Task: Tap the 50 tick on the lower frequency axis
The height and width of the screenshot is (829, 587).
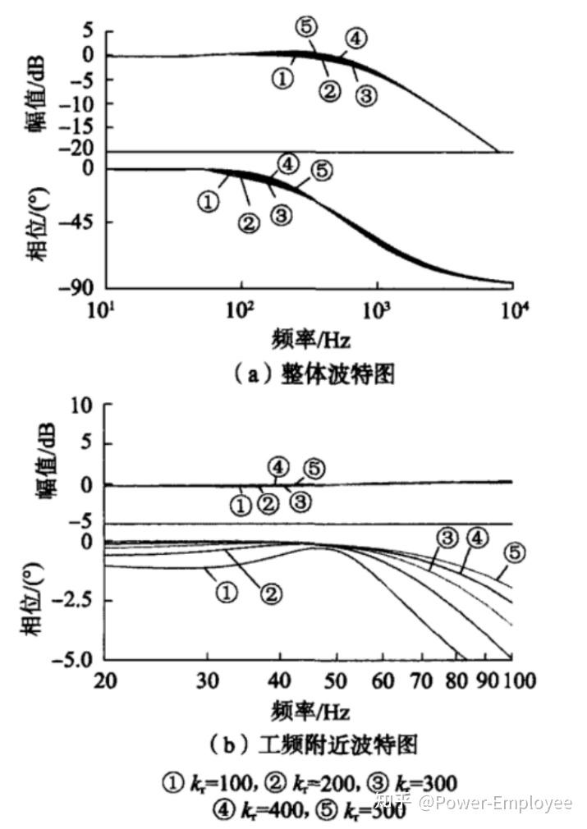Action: (x=333, y=680)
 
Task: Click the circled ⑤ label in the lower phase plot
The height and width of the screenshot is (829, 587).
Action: (x=514, y=552)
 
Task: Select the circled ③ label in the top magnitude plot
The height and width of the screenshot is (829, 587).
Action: (x=366, y=96)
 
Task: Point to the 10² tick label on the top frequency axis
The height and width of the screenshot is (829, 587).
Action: (x=241, y=309)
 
